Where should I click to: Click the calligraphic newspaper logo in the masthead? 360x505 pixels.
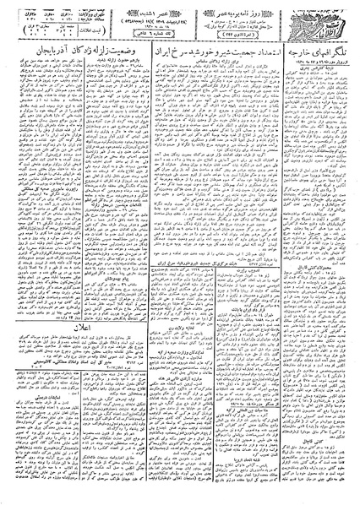[x=330, y=19]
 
